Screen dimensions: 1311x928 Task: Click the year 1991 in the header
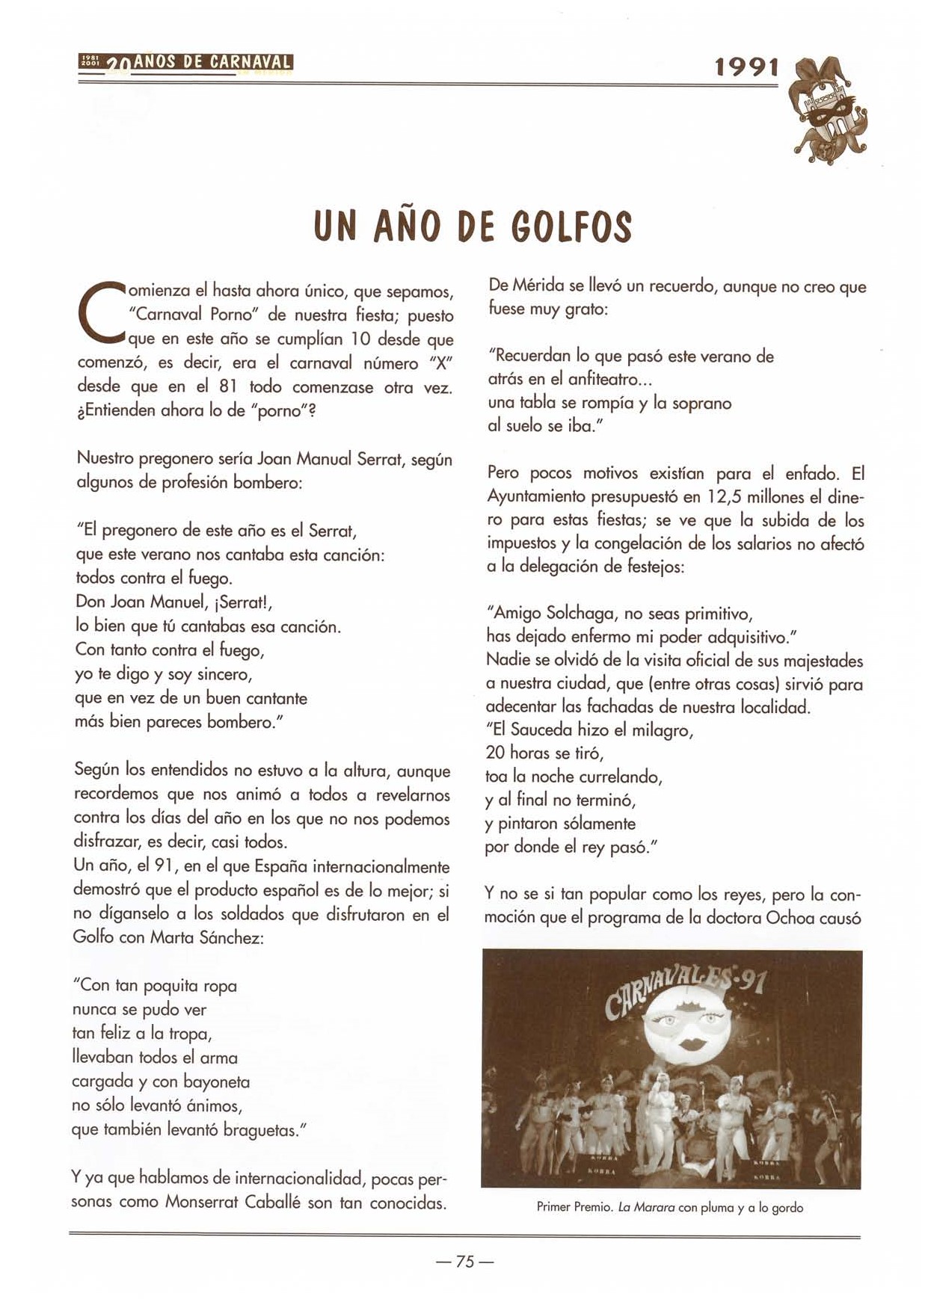pos(746,69)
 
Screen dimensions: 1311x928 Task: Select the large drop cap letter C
pos(99,315)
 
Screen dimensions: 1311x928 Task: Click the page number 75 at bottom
pos(464,1262)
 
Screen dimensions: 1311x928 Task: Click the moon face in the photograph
pos(689,1023)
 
